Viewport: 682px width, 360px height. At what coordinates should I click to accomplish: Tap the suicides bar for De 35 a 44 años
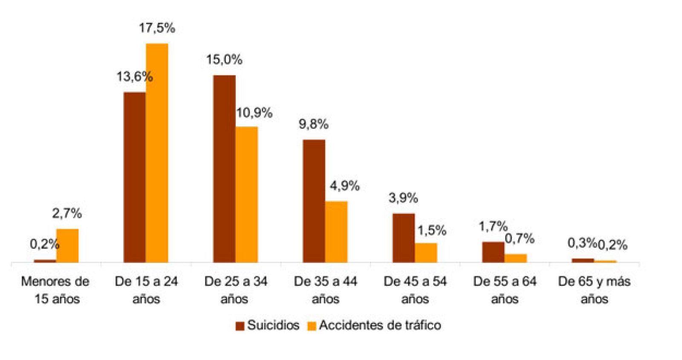314,201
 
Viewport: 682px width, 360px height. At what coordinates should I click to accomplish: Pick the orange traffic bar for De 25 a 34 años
247,194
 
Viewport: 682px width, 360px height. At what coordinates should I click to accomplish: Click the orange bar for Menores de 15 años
67,245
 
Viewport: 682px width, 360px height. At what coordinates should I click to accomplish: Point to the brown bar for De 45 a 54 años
403,238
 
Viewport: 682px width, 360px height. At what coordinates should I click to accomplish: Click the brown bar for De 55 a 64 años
493,252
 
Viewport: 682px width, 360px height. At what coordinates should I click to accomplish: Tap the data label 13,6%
135,77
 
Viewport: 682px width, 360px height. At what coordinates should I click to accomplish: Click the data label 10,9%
254,113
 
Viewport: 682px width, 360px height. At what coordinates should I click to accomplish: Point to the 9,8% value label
313,124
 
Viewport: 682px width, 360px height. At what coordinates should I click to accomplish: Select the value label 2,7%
67,213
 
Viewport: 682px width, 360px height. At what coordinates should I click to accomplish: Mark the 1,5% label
431,230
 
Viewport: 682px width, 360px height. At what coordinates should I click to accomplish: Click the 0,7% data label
520,239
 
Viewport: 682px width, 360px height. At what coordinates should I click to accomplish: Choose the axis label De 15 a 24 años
146,290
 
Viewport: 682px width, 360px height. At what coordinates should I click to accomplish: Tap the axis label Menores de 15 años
55,290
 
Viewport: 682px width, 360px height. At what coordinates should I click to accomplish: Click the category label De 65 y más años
594,290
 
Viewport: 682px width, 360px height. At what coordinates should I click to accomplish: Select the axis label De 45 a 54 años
415,290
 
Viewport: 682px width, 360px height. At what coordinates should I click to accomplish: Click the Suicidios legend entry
268,325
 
